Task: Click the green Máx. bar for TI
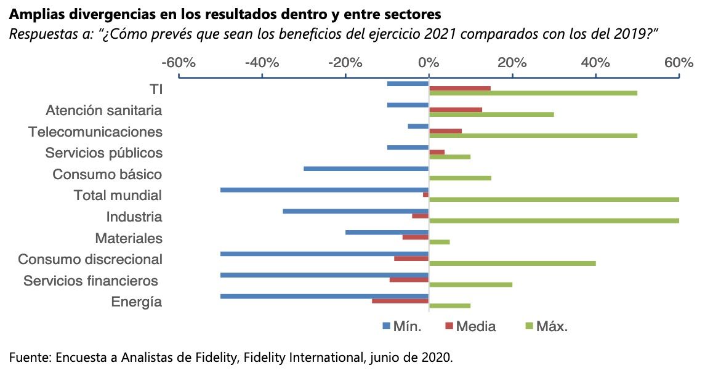coord(533,93)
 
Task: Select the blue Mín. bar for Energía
coord(324,296)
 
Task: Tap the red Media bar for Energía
coord(400,301)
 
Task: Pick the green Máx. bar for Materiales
coord(439,242)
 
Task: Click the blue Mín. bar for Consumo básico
coord(366,169)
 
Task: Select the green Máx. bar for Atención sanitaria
coord(491,114)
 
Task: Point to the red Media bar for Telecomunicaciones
coord(445,130)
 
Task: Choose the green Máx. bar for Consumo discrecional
coord(512,263)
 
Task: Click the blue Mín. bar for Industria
coord(356,211)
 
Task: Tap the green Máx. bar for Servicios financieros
coord(470,284)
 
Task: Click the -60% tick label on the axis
coord(179,63)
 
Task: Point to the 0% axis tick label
coord(429,63)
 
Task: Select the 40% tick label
coord(595,63)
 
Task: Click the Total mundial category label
coord(118,196)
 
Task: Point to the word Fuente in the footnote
coord(27,357)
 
